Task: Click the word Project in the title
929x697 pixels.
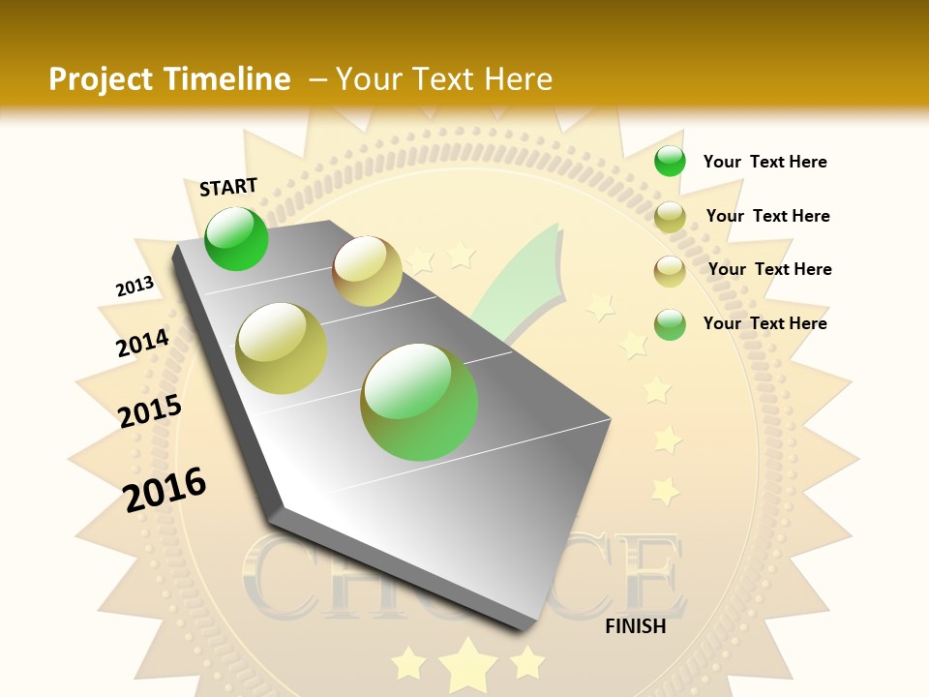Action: (102, 79)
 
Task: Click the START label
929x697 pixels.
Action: (228, 187)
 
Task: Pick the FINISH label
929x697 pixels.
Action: (635, 626)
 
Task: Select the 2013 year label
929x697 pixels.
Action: (135, 287)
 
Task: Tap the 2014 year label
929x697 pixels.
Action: (142, 343)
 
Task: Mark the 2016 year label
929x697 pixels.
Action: (165, 489)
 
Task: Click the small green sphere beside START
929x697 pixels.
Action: (236, 239)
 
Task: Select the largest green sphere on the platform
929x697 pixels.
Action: (419, 402)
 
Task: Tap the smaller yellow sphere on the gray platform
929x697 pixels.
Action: (367, 271)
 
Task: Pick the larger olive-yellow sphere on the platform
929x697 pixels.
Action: (282, 348)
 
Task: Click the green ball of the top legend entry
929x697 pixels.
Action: (670, 162)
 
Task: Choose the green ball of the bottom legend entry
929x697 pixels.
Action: (670, 324)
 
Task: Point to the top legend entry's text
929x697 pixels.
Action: (764, 162)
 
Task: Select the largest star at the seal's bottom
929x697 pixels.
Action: (467, 664)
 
